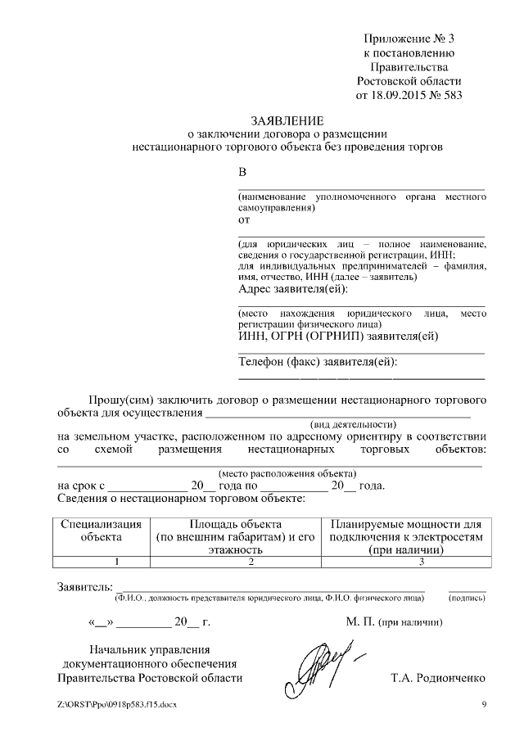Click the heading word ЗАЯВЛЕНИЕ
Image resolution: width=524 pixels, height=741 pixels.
287,120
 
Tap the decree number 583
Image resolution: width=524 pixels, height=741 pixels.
453,95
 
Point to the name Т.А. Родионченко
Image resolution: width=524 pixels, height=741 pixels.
439,679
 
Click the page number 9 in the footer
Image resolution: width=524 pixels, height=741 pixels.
483,705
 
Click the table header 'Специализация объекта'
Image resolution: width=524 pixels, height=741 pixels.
101,531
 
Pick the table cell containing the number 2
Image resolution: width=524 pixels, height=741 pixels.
252,562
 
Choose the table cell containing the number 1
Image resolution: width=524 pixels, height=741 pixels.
101,562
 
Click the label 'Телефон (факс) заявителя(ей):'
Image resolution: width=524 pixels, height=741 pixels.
323,363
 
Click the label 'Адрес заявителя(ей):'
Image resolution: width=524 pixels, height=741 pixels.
292,289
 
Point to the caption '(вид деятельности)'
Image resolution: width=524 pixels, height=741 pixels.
353,425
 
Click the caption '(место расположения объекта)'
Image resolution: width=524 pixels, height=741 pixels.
287,473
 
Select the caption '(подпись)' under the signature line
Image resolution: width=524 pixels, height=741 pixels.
467,599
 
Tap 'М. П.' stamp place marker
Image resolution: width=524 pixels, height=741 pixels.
359,622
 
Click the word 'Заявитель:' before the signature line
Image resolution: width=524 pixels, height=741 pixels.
83,588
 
